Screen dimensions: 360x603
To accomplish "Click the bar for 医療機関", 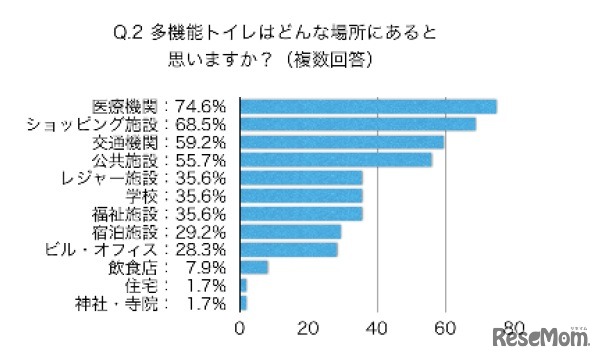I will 368,106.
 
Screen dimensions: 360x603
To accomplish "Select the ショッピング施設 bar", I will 358,124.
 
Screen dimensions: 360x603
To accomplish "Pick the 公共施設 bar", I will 336,160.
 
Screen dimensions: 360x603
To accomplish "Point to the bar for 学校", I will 301,196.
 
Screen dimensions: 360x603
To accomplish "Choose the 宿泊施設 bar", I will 290,231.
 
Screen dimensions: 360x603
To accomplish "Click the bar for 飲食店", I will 254,267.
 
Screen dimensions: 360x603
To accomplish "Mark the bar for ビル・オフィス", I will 289,249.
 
